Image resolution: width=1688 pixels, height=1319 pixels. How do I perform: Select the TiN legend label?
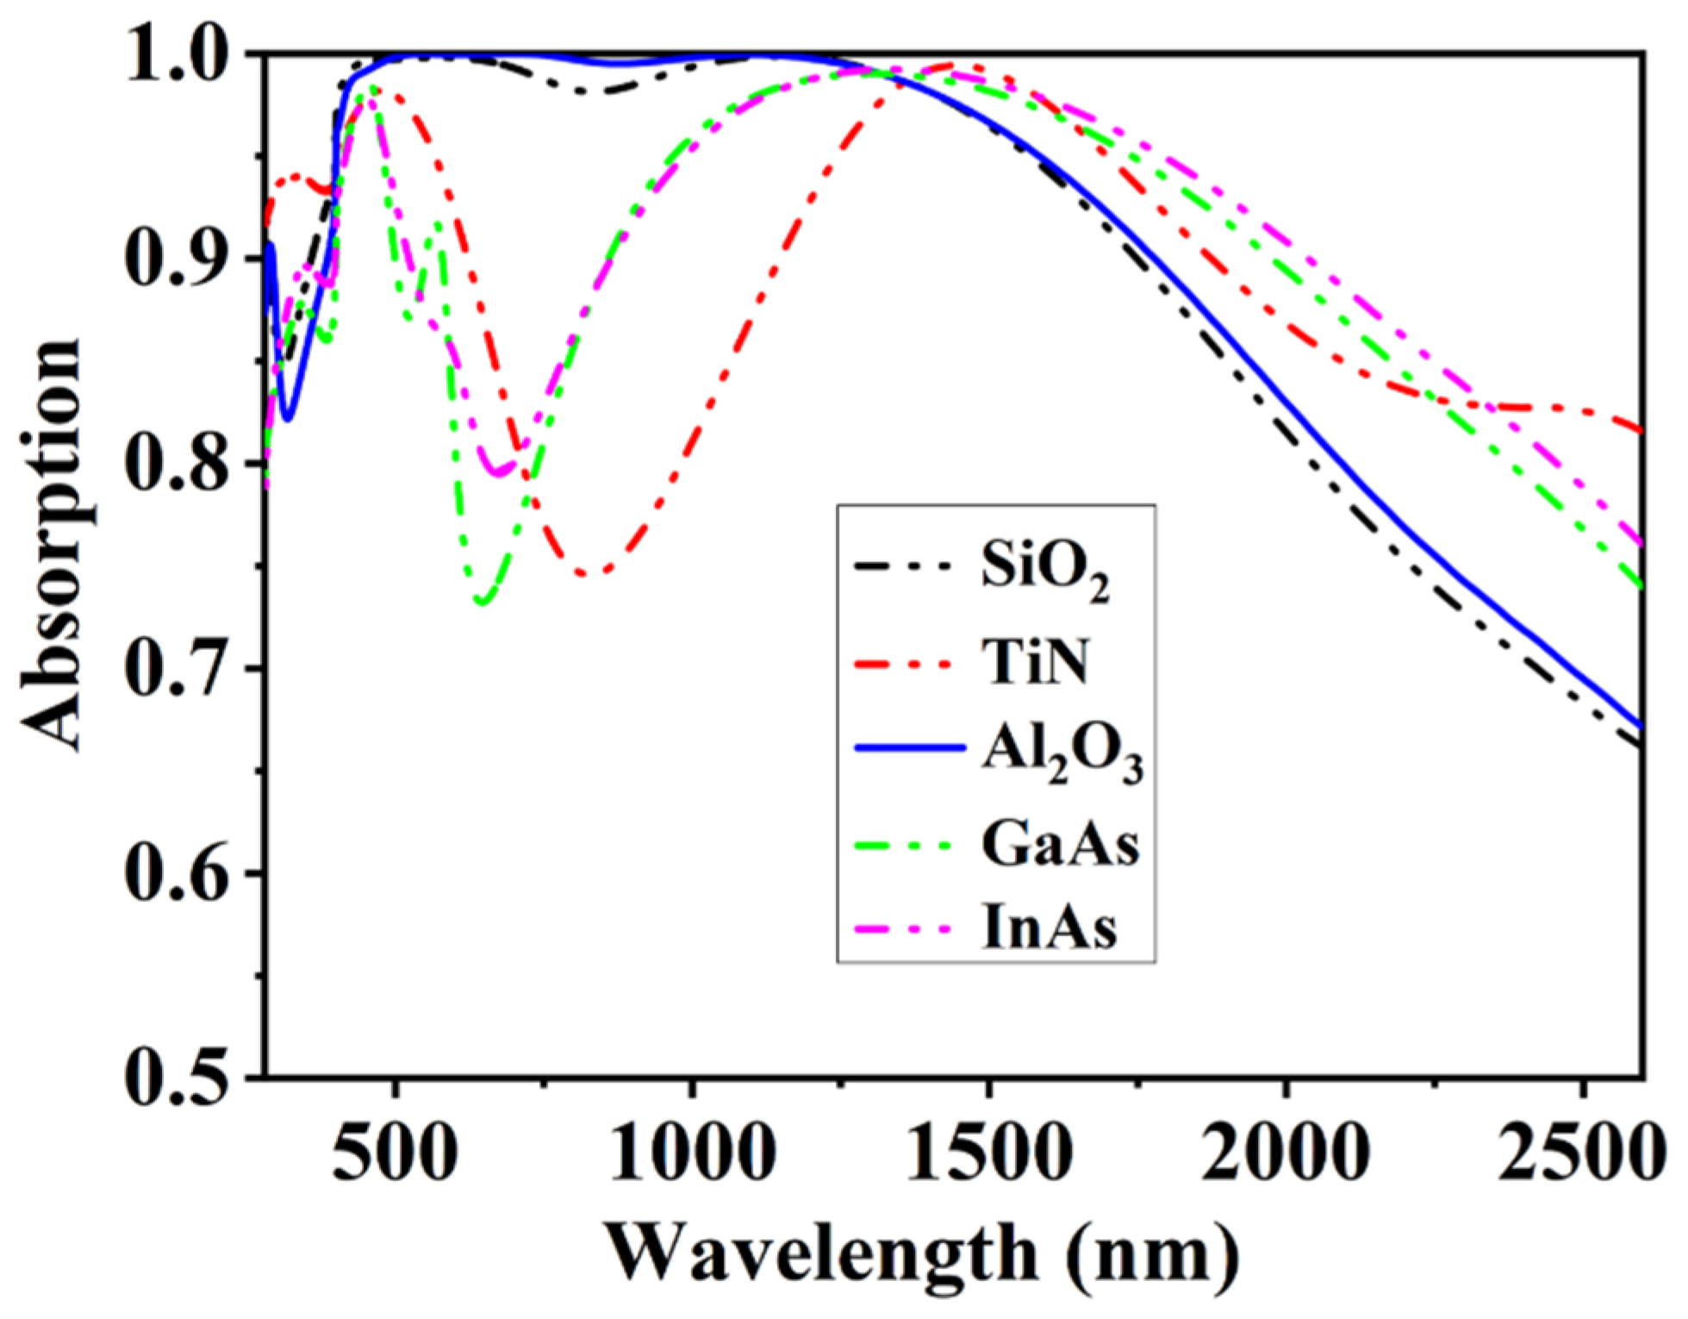click(1034, 665)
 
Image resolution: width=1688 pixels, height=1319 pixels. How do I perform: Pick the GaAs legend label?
click(1059, 845)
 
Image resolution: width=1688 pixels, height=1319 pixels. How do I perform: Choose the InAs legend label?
click(1049, 929)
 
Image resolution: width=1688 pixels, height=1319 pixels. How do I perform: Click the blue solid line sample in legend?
click(909, 748)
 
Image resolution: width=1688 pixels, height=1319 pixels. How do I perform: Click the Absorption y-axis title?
click(52, 543)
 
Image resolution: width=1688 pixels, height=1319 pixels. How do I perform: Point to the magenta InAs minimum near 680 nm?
click(497, 473)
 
